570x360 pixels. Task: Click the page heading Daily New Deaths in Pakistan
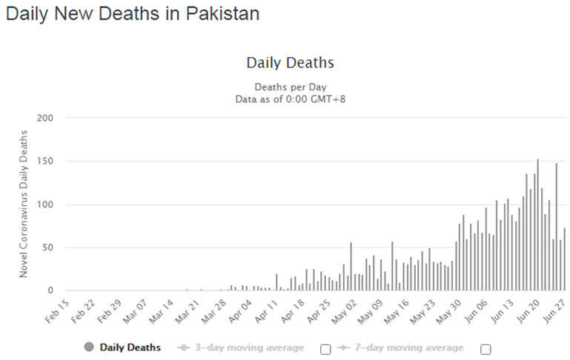tap(133, 14)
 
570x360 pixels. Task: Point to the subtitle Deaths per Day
tap(290, 87)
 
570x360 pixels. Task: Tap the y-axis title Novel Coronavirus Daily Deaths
tap(24, 204)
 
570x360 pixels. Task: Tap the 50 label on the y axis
tap(47, 247)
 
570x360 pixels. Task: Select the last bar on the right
tap(564, 259)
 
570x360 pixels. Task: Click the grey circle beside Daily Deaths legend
tap(89, 347)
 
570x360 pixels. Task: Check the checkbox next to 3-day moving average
tap(325, 350)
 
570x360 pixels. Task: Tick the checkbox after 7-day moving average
tap(486, 350)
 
